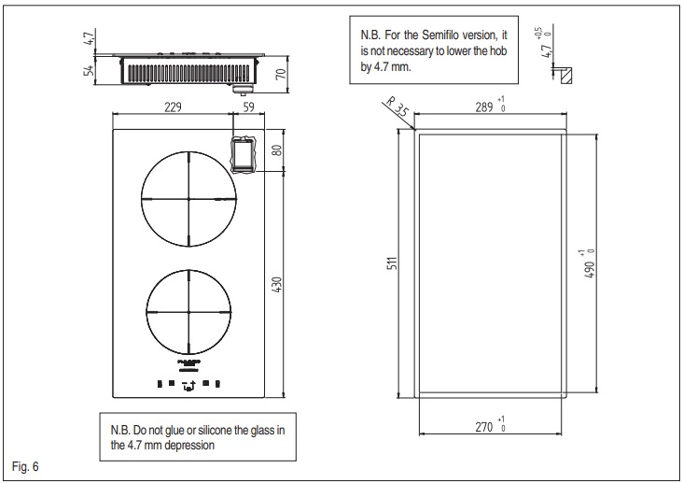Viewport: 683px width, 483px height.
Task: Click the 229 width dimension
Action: [169, 107]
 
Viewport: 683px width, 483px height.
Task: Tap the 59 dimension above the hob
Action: [247, 107]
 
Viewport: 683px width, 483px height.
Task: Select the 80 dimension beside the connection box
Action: [277, 149]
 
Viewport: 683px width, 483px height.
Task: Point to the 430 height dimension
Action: [276, 284]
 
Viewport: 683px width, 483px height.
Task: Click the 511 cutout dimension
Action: [392, 263]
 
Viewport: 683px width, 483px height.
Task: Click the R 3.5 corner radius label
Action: [396, 108]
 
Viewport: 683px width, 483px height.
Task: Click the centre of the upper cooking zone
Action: [188, 199]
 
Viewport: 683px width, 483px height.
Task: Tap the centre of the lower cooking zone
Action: [188, 311]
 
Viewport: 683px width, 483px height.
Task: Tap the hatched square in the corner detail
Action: [565, 74]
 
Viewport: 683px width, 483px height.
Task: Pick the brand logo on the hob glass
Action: [188, 360]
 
